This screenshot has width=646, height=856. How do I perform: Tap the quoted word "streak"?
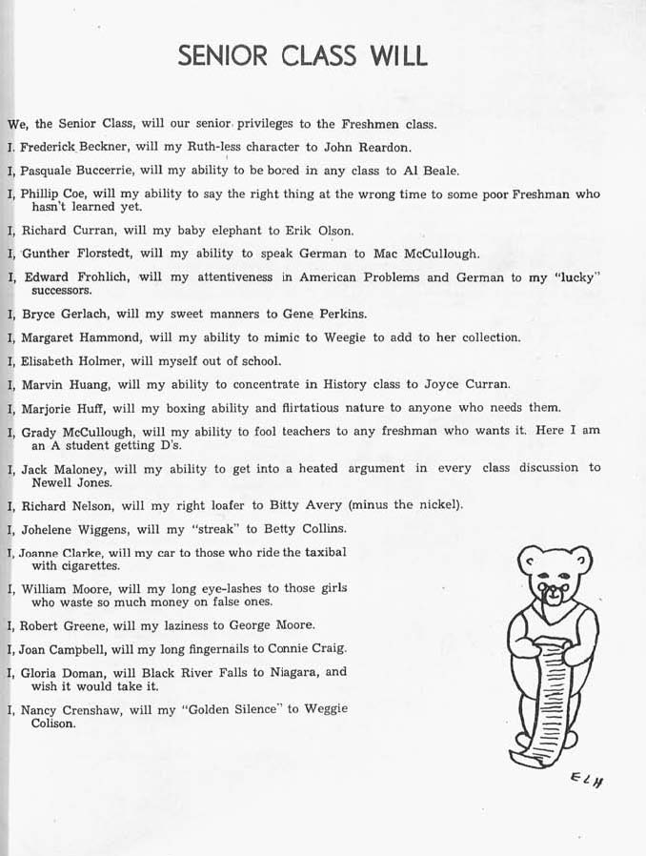(203, 528)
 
